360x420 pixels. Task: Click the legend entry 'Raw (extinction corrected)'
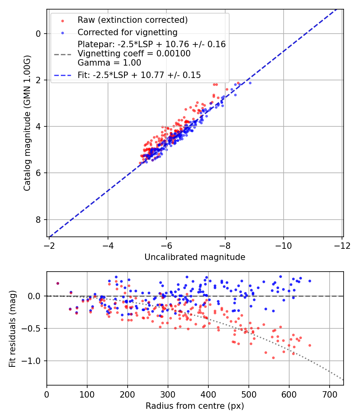pyautogui.click(x=132, y=20)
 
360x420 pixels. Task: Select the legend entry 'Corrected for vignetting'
pyautogui.click(x=127, y=32)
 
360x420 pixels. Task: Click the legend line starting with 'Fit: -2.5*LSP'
pyautogui.click(x=139, y=75)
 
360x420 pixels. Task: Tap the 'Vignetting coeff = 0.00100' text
pyautogui.click(x=134, y=54)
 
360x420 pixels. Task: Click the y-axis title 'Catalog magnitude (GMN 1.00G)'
pyautogui.click(x=27, y=123)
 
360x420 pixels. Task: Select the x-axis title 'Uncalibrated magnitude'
pyautogui.click(x=195, y=257)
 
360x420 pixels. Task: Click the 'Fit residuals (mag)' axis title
pyautogui.click(x=12, y=328)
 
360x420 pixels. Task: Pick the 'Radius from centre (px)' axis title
pyautogui.click(x=195, y=406)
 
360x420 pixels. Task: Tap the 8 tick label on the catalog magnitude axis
pyautogui.click(x=38, y=220)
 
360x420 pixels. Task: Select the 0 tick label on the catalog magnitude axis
pyautogui.click(x=38, y=34)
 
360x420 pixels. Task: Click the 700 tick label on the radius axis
pyautogui.click(x=329, y=394)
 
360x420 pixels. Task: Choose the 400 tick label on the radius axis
pyautogui.click(x=208, y=394)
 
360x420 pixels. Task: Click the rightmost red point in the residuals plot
pyautogui.click(x=310, y=345)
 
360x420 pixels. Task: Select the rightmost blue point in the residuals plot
pyautogui.click(x=310, y=281)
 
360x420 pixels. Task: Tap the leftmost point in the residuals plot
pyautogui.click(x=58, y=283)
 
